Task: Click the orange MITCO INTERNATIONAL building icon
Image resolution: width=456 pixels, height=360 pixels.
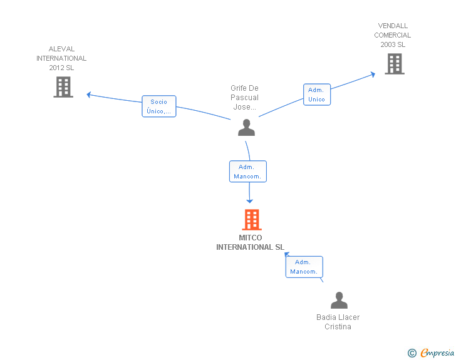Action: click(252, 220)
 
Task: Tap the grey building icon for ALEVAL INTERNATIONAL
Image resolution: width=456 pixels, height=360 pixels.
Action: click(63, 87)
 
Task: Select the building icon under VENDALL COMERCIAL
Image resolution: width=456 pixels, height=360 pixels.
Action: click(395, 64)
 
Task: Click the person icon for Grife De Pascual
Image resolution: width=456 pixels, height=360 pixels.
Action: click(246, 127)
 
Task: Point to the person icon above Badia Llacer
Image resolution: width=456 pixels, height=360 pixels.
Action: click(339, 300)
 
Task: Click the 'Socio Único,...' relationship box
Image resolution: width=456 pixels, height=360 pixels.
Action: click(159, 106)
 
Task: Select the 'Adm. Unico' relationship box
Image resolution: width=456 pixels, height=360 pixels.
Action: click(317, 95)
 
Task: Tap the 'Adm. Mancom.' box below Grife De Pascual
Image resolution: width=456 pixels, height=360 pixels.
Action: click(248, 172)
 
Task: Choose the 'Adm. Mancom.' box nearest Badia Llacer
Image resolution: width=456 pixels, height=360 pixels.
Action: click(304, 267)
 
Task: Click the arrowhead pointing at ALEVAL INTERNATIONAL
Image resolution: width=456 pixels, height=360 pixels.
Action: click(89, 95)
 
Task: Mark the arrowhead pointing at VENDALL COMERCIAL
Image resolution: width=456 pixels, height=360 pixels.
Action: click(373, 75)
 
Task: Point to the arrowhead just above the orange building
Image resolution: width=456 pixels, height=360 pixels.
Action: click(249, 201)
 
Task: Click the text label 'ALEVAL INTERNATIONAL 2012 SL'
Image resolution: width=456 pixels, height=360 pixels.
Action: click(61, 58)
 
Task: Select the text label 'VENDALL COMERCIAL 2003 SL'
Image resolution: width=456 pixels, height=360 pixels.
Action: click(393, 35)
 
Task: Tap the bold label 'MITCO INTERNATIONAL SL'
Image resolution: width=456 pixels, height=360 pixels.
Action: click(250, 242)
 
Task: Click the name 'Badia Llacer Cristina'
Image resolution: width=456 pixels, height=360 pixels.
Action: click(338, 322)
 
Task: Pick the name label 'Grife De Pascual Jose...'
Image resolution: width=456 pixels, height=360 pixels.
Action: click(244, 98)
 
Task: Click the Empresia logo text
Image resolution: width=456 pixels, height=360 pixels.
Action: click(437, 353)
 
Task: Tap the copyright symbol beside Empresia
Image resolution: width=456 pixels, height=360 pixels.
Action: click(412, 353)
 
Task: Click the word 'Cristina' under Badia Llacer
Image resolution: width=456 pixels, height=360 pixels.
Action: click(338, 327)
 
